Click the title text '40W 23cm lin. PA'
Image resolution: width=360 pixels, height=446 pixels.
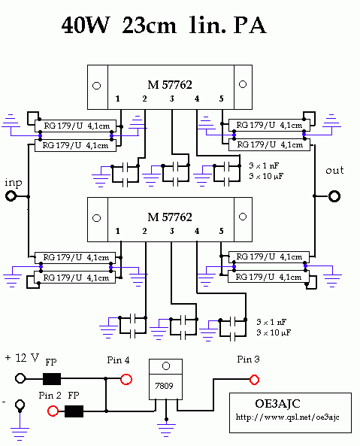[x=164, y=26]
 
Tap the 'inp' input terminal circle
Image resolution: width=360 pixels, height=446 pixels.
[x=11, y=196]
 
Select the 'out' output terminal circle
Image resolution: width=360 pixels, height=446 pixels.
[x=334, y=196]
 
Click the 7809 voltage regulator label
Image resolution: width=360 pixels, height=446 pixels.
[x=164, y=386]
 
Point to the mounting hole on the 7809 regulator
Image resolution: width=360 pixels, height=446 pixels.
[x=166, y=366]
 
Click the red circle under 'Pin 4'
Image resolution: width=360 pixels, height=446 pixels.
[x=126, y=379]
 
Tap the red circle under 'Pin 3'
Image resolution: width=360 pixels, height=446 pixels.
[x=254, y=380]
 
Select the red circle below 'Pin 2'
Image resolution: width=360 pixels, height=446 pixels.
[x=53, y=411]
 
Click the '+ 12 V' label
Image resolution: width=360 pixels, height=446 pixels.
[x=22, y=357]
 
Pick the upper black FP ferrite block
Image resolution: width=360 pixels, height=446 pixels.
[x=52, y=379]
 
